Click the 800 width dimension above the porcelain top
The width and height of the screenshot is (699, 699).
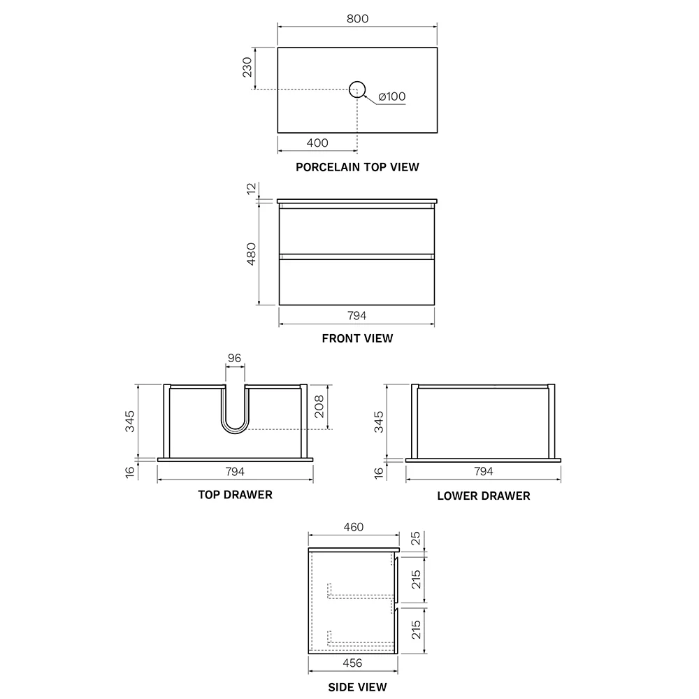click(357, 19)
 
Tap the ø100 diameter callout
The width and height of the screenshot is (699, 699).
click(392, 96)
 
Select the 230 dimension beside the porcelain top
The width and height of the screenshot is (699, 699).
click(247, 67)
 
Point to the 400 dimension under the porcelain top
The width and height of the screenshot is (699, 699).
click(317, 143)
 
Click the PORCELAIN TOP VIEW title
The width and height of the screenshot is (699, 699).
click(357, 167)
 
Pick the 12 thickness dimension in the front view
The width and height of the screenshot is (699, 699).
click(252, 188)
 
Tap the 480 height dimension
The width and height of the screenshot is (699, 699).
click(252, 254)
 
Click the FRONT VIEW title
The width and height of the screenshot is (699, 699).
click(357, 338)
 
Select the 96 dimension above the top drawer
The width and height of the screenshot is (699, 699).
click(234, 358)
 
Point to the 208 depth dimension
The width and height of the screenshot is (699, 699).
click(319, 407)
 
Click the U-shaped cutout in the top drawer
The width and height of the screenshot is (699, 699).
click(235, 432)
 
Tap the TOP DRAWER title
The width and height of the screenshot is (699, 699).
click(236, 495)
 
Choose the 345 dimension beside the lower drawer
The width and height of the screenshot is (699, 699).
click(378, 421)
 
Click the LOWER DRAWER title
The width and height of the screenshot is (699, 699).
click(484, 496)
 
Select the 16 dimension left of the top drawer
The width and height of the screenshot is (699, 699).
click(130, 472)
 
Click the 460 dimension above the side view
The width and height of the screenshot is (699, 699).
click(354, 527)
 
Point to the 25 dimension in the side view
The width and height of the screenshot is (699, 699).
click(415, 538)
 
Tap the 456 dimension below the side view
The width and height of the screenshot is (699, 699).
click(352, 663)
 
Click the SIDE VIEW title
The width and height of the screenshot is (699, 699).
click(357, 687)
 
